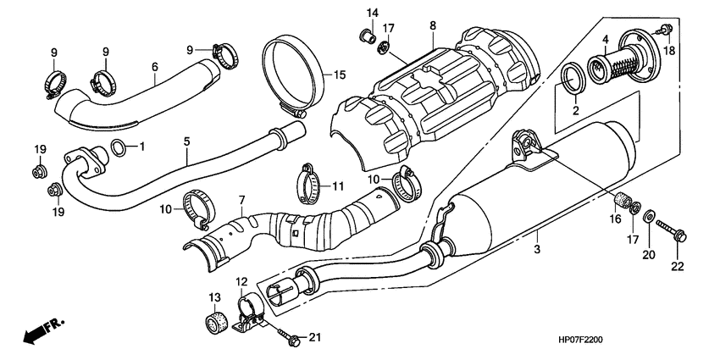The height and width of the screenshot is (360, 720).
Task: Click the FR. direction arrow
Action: [x=43, y=331]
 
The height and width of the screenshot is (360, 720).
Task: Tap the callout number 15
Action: [x=339, y=75]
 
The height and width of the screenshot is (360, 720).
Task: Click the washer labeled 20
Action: [x=649, y=218]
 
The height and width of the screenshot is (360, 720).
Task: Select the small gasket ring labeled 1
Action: [x=121, y=148]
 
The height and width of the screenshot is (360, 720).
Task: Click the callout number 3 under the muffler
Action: [x=535, y=250]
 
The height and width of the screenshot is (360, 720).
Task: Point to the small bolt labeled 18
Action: [x=666, y=30]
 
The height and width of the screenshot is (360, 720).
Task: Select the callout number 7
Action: [x=241, y=201]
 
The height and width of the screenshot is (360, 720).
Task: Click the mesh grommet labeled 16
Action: [x=623, y=205]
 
